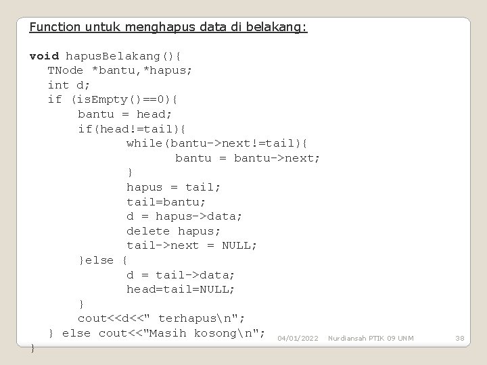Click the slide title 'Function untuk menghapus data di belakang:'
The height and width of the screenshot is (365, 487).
[x=168, y=27]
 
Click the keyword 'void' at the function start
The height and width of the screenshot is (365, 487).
[x=44, y=56]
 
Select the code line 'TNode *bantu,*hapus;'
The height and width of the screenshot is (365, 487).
[x=120, y=70]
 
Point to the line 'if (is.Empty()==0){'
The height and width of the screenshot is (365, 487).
[x=113, y=99]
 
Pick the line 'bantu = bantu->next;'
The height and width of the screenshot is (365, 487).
[x=248, y=158]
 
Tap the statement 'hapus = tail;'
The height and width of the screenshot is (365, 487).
[x=174, y=187]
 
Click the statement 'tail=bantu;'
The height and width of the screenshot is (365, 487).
[x=166, y=201]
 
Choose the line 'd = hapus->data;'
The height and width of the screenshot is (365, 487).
[x=184, y=216]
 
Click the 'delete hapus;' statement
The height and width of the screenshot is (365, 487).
[x=170, y=231]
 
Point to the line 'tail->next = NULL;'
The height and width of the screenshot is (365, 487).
[x=191, y=245]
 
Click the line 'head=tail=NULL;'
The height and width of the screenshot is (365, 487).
[x=181, y=289]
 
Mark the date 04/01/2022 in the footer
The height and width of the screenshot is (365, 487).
[x=298, y=337]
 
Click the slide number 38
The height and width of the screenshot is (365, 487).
[x=460, y=337]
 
